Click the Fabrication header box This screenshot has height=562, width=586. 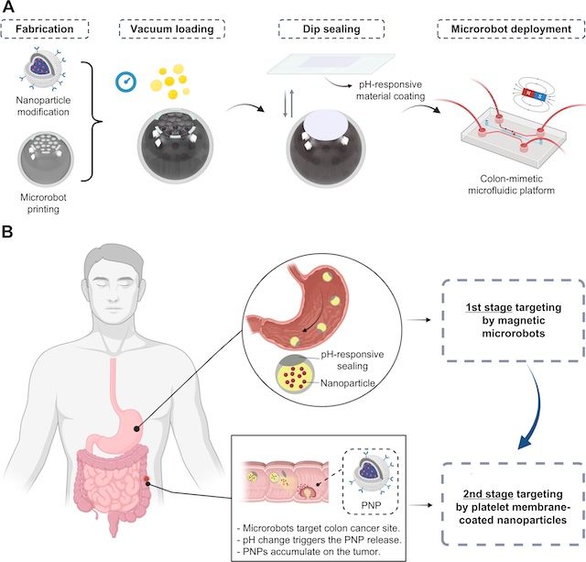coord(45,29)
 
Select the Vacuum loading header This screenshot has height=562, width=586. coord(172,29)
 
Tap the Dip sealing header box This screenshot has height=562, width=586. coord(331,29)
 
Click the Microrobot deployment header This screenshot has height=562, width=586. coord(511,29)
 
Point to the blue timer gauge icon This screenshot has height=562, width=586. coord(126,82)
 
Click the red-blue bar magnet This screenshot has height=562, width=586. coord(534,94)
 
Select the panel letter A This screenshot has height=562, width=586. coord(8,6)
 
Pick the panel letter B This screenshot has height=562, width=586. coord(7,232)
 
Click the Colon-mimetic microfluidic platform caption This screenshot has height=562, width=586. coord(511,184)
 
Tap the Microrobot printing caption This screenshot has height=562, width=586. coord(43,204)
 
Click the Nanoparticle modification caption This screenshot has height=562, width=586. coord(43,105)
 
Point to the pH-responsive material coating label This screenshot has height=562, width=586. coord(391,90)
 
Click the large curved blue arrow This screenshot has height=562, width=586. coord(534,408)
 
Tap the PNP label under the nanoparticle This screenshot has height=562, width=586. coord(371,505)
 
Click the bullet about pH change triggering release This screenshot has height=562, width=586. coord(319,540)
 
